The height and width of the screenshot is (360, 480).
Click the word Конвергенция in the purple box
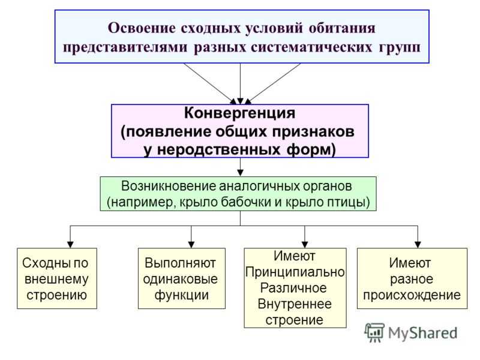click(239, 113)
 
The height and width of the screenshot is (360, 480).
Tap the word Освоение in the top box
click(142, 28)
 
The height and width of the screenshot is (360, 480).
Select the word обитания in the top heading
click(342, 28)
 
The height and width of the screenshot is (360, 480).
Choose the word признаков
click(313, 132)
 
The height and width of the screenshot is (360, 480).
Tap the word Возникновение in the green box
click(169, 186)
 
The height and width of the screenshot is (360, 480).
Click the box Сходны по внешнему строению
click(57, 278)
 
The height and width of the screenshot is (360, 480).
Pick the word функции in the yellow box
click(182, 295)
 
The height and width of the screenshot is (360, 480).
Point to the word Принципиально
click(295, 272)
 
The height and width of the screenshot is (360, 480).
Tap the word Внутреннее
click(295, 304)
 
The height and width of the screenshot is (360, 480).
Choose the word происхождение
click(412, 295)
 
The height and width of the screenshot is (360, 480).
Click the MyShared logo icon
click(374, 333)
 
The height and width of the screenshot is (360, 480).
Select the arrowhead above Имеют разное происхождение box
click(418, 244)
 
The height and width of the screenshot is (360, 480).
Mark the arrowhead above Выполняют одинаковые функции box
click(191, 244)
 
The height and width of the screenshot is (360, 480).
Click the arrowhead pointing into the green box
click(241, 173)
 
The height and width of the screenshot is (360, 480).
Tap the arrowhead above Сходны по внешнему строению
click(70, 244)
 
